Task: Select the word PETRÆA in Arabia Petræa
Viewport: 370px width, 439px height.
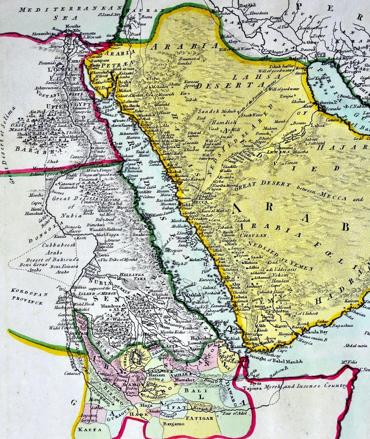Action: [115, 67]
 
